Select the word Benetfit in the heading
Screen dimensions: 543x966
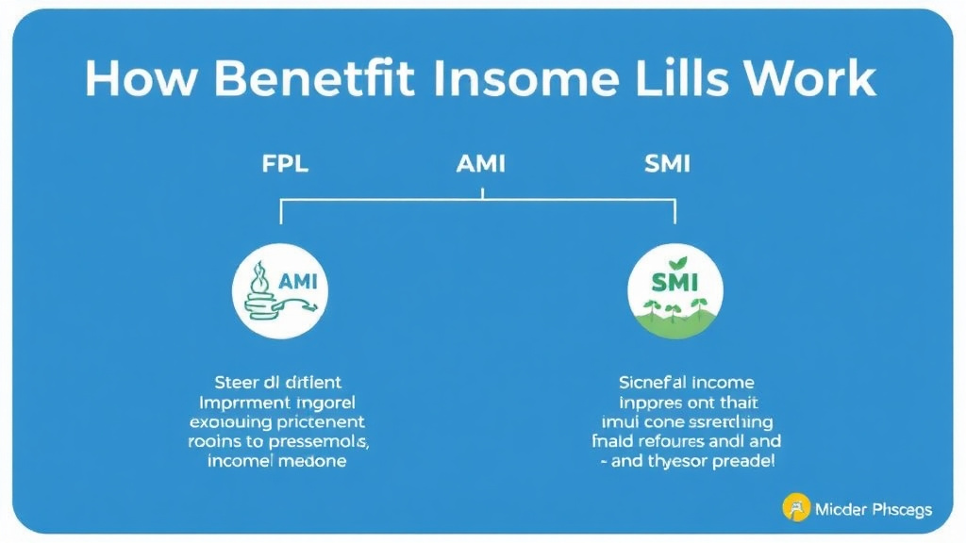pyautogui.click(x=313, y=81)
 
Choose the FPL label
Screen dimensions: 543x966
pyautogui.click(x=285, y=164)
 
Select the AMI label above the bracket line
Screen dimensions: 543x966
pyautogui.click(x=481, y=164)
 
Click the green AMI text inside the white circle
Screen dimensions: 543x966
pyautogui.click(x=301, y=281)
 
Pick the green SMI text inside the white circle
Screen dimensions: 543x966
pyautogui.click(x=675, y=281)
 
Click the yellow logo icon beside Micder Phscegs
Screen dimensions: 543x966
pyautogui.click(x=796, y=509)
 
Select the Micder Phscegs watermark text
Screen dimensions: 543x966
pyautogui.click(x=873, y=510)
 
